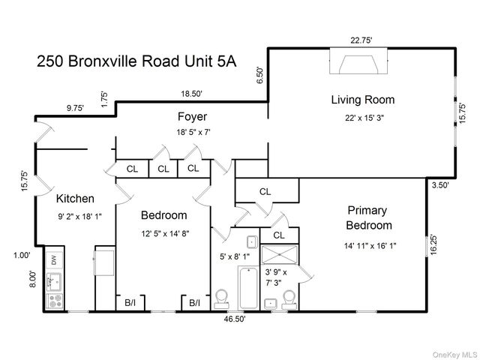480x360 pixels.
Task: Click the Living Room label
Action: click(x=363, y=100)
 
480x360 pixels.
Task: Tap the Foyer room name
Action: click(x=192, y=117)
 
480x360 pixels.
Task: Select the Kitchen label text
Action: click(x=75, y=199)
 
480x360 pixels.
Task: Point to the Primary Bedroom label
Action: click(x=368, y=217)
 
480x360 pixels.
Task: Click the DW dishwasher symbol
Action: click(x=54, y=260)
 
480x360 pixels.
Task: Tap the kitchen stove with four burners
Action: click(x=55, y=301)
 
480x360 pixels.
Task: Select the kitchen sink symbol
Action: click(x=54, y=281)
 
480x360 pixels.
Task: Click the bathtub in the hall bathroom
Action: click(x=248, y=288)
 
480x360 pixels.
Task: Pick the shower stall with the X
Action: click(x=279, y=255)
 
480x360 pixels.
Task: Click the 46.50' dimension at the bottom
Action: click(x=235, y=319)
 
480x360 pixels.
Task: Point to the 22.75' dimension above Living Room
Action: click(x=361, y=40)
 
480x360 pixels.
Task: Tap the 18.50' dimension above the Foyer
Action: click(x=192, y=94)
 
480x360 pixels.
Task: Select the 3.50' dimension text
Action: click(x=440, y=185)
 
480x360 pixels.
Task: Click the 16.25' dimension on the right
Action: click(x=433, y=245)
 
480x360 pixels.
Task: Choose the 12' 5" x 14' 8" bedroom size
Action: click(x=165, y=234)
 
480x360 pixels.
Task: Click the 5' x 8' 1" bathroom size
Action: click(x=235, y=256)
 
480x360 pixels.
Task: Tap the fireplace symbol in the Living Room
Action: click(x=358, y=61)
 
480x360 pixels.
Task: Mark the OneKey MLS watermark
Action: click(x=454, y=355)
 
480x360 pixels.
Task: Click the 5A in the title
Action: click(x=226, y=61)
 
